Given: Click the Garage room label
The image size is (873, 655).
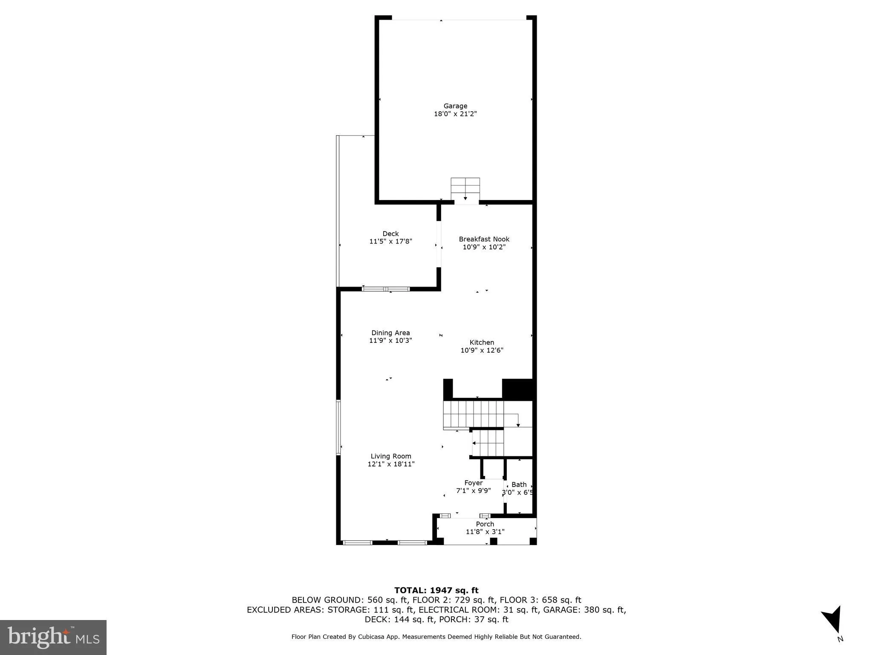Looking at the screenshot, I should (455, 106).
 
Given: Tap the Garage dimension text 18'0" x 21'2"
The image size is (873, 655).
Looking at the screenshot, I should (455, 114).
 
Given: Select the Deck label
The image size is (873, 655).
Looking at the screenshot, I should (390, 234).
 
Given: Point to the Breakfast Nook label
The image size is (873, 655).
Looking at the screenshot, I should (484, 239).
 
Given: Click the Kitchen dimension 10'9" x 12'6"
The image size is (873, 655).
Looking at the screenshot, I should (482, 351).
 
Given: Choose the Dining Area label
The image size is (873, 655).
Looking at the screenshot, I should (390, 333).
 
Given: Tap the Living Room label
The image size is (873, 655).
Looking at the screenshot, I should (391, 456).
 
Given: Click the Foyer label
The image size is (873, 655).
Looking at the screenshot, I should (473, 483).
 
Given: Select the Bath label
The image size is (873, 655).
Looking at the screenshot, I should (519, 484).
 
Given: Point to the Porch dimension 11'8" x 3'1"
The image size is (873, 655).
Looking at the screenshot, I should (485, 532).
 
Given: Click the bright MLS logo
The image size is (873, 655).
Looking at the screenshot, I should (53, 637).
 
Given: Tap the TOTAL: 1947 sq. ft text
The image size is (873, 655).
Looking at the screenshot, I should (436, 591).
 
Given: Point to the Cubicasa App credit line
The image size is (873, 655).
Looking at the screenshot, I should (436, 637).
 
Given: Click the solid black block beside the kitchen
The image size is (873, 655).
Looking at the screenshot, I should (517, 389).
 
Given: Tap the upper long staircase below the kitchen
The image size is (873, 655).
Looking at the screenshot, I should (473, 414).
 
